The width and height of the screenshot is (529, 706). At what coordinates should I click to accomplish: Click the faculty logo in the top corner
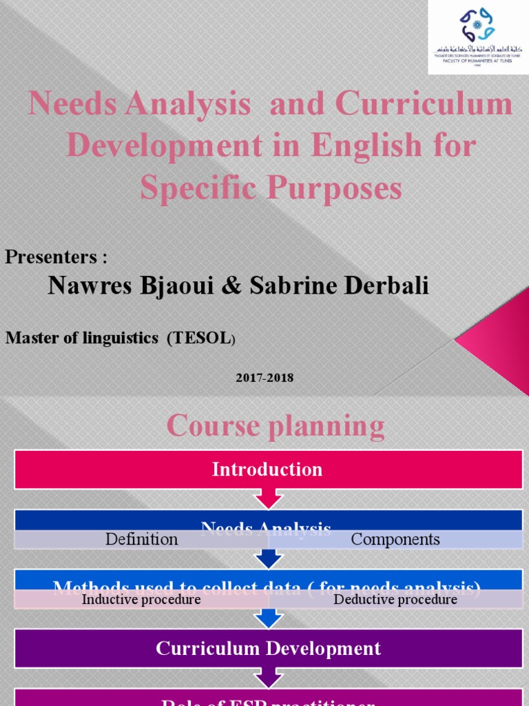tap(477, 36)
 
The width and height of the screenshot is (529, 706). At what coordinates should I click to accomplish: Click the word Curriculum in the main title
tap(424, 105)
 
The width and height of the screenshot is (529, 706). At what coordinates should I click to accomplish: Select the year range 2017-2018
tap(264, 378)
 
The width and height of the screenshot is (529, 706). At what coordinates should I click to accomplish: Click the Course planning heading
tap(276, 426)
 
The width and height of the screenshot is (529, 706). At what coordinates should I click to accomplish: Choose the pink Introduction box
tap(267, 470)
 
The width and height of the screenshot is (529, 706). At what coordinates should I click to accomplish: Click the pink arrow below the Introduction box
tap(267, 498)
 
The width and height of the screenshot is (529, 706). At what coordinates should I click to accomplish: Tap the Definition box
tap(141, 539)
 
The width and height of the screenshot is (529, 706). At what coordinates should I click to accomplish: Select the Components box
tap(395, 539)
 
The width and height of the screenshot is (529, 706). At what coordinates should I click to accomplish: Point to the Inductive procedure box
tap(141, 599)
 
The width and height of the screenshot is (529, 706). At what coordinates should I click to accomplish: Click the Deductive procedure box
tap(395, 599)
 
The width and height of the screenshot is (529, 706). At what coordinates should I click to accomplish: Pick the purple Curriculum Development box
tap(267, 648)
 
